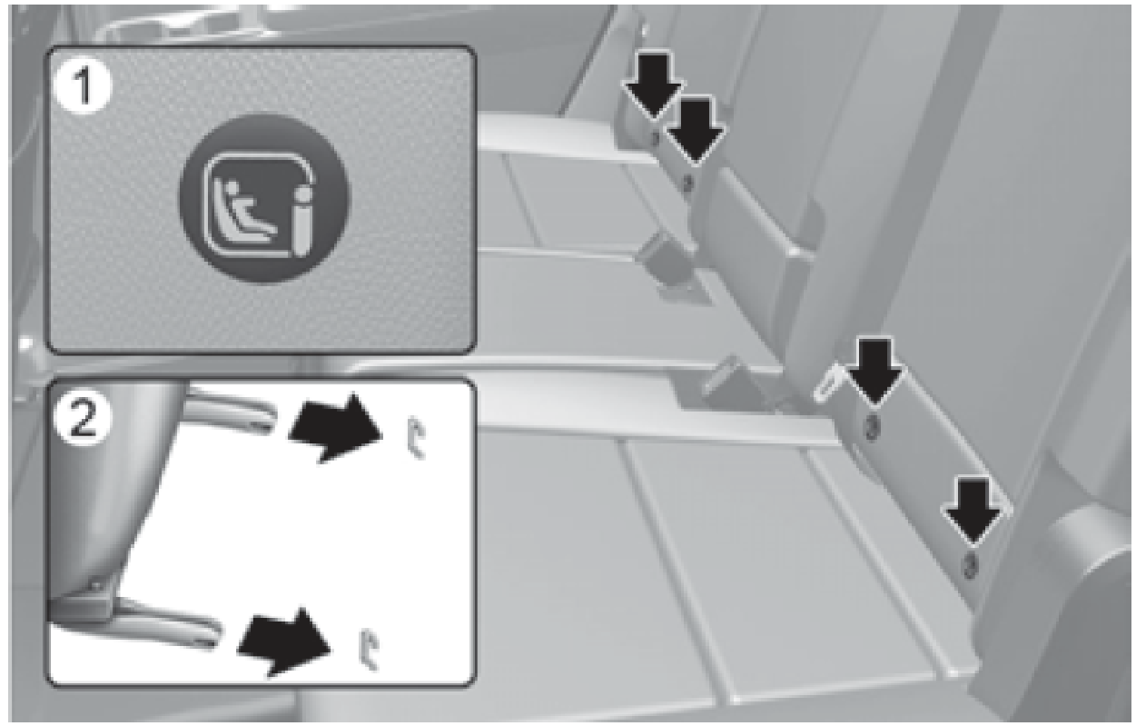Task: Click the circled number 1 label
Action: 83,86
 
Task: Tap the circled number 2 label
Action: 83,418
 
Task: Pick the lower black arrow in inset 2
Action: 285,641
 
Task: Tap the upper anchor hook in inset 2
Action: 417,437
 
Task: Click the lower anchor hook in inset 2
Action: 369,650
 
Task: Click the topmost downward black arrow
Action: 653,86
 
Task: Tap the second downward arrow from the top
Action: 696,130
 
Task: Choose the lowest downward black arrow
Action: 972,512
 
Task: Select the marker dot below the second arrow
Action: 687,184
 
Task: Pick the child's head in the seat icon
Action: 231,188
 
